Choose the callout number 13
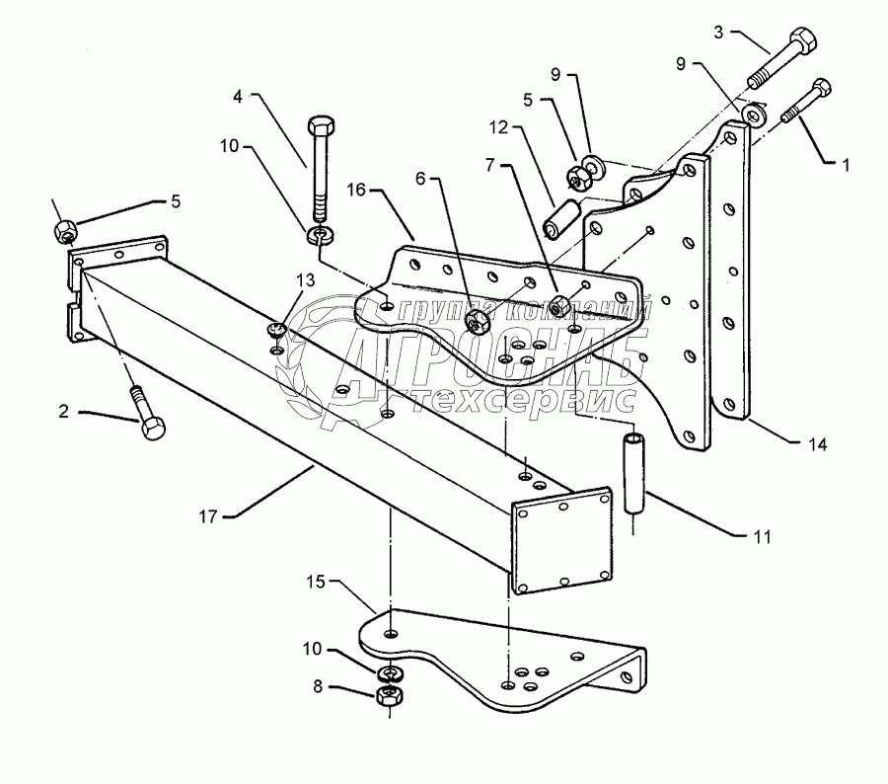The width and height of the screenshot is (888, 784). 307,280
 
